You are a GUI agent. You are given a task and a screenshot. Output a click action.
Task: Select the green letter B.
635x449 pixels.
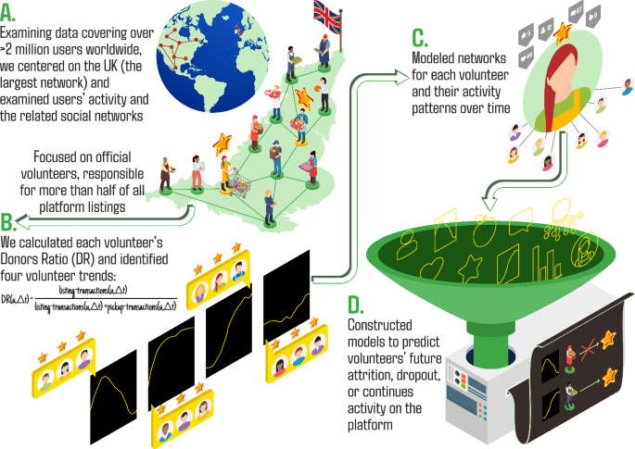pyautogui.click(x=8, y=223)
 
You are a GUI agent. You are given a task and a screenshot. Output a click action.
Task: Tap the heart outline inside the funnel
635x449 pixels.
pyautogui.click(x=434, y=267)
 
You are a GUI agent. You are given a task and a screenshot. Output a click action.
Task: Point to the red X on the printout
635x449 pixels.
pyautogui.click(x=586, y=351)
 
